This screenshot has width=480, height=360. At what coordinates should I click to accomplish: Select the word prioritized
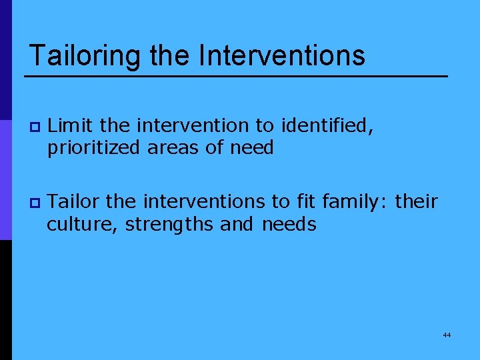point(93,148)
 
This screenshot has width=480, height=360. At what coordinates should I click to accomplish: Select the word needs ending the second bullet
point(289,224)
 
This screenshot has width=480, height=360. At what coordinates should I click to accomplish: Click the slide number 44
point(447,335)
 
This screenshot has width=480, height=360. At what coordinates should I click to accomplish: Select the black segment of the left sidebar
point(5,300)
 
